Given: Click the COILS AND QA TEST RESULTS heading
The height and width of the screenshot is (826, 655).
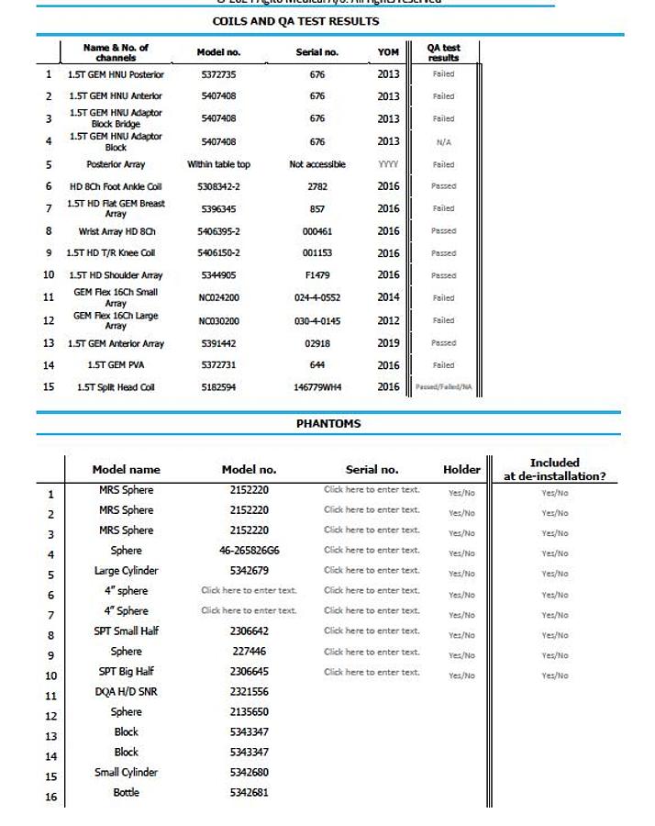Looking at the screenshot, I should coord(295,21).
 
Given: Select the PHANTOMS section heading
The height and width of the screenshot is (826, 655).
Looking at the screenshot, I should coord(328,424).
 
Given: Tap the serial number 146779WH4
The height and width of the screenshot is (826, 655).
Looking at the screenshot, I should coord(317,387).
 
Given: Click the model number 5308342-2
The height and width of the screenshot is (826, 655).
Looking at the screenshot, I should coord(218,186).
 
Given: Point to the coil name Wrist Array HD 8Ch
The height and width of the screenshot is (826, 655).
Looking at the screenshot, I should coord(117,231).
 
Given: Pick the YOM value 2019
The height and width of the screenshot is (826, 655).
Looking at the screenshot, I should coord(388,343).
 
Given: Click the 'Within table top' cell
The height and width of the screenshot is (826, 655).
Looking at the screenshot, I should coord(218,164).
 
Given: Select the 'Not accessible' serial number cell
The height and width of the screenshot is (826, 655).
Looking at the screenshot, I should coord(317,164).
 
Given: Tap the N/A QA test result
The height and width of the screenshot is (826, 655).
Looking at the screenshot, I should coord(444,142).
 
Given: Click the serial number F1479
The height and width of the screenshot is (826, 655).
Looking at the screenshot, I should coord(317,275).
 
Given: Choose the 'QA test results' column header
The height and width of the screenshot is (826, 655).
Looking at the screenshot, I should coord(444,52).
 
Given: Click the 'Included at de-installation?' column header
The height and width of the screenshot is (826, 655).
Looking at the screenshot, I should coord(554,469).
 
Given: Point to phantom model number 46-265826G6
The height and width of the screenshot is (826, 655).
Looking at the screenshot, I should coord(250,551).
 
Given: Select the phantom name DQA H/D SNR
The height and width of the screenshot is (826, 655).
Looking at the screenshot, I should coord(126,692).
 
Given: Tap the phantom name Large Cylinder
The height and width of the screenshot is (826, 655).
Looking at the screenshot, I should coord(126,571).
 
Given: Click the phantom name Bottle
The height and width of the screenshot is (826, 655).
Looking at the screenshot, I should coord(126,792).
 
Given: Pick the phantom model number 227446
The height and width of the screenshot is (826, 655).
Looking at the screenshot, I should coord(250,652).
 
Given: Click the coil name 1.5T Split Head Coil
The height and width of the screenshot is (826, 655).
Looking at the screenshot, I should coord(116,387).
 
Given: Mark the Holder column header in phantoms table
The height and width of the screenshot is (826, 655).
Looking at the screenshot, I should coord(461,470).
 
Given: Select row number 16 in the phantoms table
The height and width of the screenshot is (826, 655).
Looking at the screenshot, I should coord(50,797).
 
